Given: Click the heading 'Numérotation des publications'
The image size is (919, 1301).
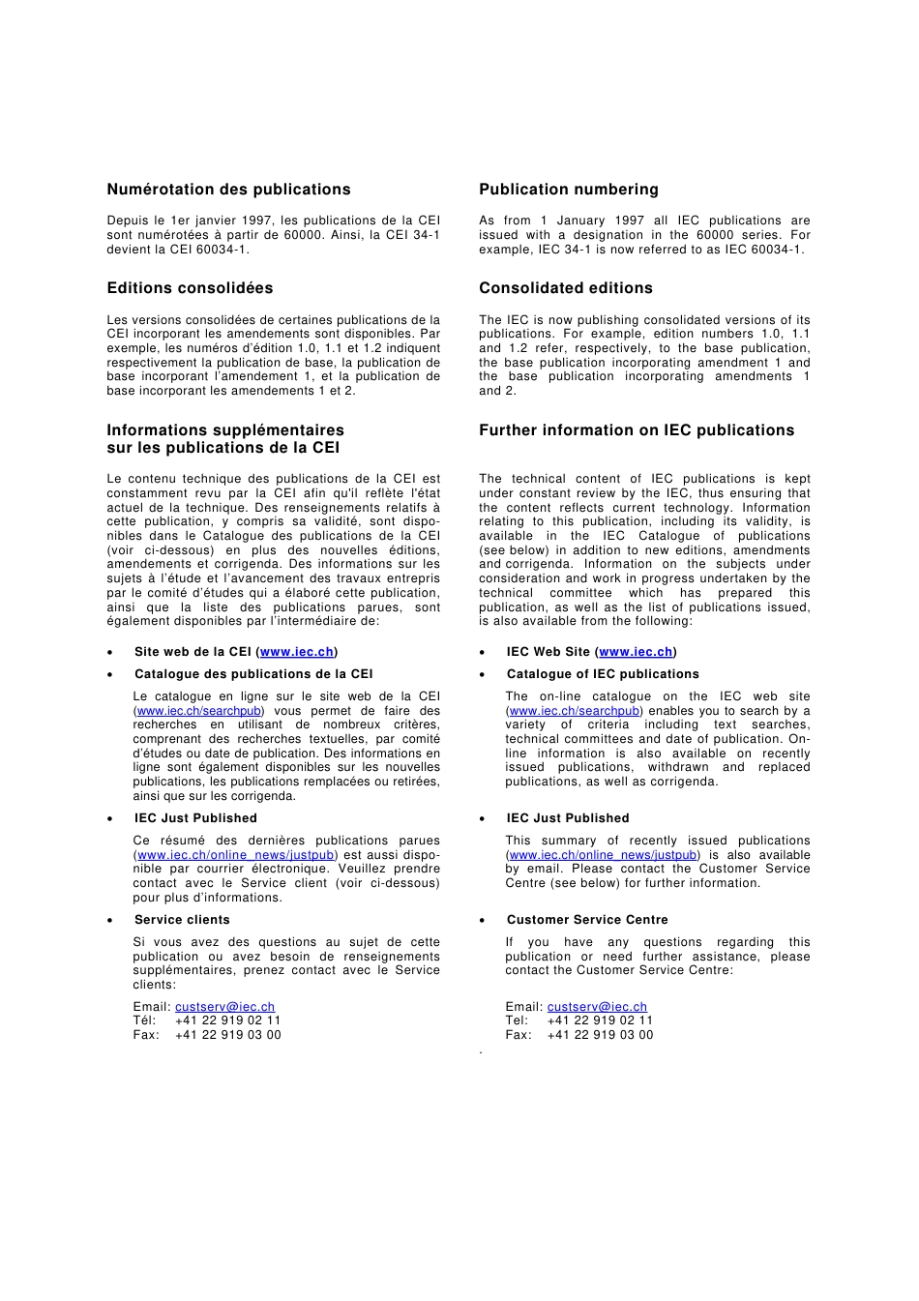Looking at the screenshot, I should coord(228,190).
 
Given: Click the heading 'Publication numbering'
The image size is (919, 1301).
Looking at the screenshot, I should coord(568,190).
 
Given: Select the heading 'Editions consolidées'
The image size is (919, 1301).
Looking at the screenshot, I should coord(190,288).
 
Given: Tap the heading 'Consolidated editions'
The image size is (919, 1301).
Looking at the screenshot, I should coord(565,288).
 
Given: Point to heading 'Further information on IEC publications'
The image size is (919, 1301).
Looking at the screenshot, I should coord(636,430).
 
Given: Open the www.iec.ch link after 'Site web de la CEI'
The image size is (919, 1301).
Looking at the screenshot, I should coord(297,652).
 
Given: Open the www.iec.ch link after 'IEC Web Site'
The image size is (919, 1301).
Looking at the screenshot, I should coord(636,652).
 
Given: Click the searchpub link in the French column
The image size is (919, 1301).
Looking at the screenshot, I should coord(198,711).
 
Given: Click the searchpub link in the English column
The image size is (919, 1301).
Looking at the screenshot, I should coord(574,711).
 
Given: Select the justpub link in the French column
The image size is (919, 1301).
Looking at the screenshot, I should coord(235,855).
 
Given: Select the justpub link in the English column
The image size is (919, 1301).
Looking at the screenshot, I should coord(603,855).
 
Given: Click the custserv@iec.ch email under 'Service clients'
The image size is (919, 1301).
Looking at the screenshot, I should coord(224,1007).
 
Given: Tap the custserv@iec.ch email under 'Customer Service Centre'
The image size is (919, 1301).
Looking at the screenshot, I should coord(597,1007).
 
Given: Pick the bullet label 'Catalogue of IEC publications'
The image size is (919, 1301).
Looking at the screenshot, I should coord(602,674).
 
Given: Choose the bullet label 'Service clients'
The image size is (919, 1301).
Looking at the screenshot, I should coord(182,920).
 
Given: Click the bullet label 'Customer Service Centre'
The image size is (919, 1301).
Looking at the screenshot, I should coord(586,920).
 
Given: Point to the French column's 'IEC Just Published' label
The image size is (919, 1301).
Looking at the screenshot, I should coord(195,818).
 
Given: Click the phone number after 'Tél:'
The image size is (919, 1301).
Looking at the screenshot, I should coord(227,1020).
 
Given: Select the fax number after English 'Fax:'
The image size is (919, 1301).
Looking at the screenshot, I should coord(600,1035).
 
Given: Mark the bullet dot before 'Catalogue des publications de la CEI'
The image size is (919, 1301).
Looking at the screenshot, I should coord(110,675).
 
